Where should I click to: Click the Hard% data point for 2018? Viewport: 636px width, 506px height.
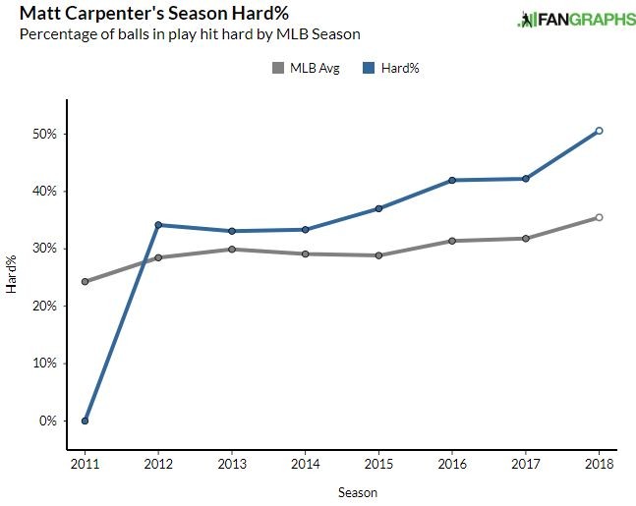599,131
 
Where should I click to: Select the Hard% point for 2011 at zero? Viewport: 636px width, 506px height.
85,421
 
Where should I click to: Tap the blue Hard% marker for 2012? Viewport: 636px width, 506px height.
158,225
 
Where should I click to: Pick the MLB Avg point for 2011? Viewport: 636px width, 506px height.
85,282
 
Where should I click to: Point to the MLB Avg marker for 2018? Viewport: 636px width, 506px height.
599,217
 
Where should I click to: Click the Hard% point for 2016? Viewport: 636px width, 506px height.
452,180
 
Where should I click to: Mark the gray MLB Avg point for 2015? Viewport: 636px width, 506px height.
378,255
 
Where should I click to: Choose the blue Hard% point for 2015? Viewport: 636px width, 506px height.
378,208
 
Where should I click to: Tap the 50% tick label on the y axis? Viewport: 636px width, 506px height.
46,134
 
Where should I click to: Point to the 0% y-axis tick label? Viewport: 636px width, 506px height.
50,421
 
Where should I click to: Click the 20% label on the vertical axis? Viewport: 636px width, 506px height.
46,306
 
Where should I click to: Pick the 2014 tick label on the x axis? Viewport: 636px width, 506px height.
305,462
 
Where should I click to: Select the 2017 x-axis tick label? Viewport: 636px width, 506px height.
525,462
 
